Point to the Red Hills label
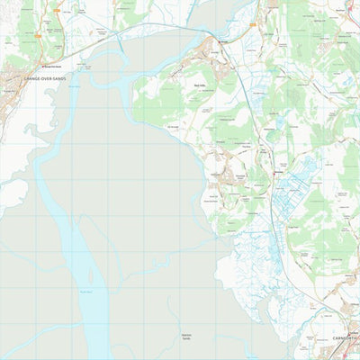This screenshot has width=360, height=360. pos(200,85)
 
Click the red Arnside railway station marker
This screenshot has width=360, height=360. pos(217,40)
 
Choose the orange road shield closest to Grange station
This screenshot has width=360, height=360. pos(56,14)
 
